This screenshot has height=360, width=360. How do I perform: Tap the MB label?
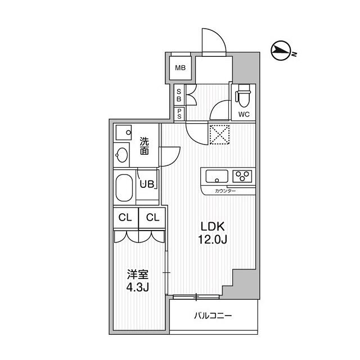(180, 69)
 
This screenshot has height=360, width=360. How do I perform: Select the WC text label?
(244, 114)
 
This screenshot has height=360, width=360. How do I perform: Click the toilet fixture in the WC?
(244, 97)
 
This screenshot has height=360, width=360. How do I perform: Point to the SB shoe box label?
(179, 95)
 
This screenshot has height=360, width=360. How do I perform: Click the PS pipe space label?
(179, 113)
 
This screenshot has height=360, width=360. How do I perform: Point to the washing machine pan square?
(123, 133)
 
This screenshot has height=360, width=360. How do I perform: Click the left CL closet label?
(125, 217)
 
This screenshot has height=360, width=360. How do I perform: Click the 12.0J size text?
(213, 241)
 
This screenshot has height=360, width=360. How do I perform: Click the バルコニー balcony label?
(213, 316)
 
